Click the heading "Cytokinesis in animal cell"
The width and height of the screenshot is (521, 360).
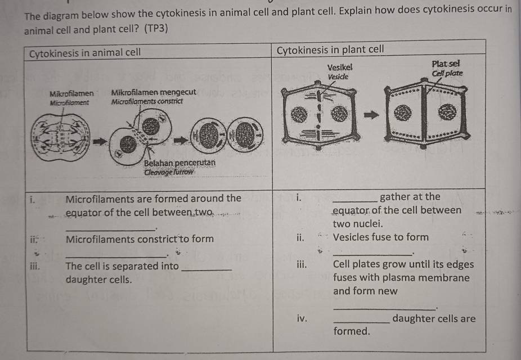(x=85, y=52)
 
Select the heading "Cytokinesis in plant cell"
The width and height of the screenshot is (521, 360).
(x=330, y=50)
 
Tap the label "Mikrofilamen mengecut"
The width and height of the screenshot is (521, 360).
(x=154, y=92)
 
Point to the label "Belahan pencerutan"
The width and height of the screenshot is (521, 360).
(x=179, y=163)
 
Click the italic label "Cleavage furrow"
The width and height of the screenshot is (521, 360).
(x=168, y=172)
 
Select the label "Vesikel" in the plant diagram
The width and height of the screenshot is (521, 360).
(x=340, y=67)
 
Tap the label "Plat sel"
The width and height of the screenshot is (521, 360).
(x=446, y=64)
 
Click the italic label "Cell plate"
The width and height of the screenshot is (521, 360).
(x=447, y=73)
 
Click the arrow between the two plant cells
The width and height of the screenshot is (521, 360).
(x=371, y=115)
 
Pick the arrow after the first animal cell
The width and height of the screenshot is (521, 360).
(x=100, y=142)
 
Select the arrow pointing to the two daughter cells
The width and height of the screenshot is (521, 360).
(x=181, y=140)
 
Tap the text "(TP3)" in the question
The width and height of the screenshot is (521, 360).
(x=156, y=29)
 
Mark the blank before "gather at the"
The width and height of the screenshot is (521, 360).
(x=355, y=201)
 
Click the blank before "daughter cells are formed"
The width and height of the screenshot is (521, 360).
(x=361, y=322)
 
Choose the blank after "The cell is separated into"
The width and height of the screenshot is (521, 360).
(x=206, y=269)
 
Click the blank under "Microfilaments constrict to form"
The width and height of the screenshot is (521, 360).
(x=116, y=256)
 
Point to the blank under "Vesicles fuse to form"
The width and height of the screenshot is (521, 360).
(x=372, y=255)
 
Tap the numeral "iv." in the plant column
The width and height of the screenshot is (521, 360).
(x=302, y=318)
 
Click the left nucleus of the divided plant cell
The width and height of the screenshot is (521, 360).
(x=402, y=113)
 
